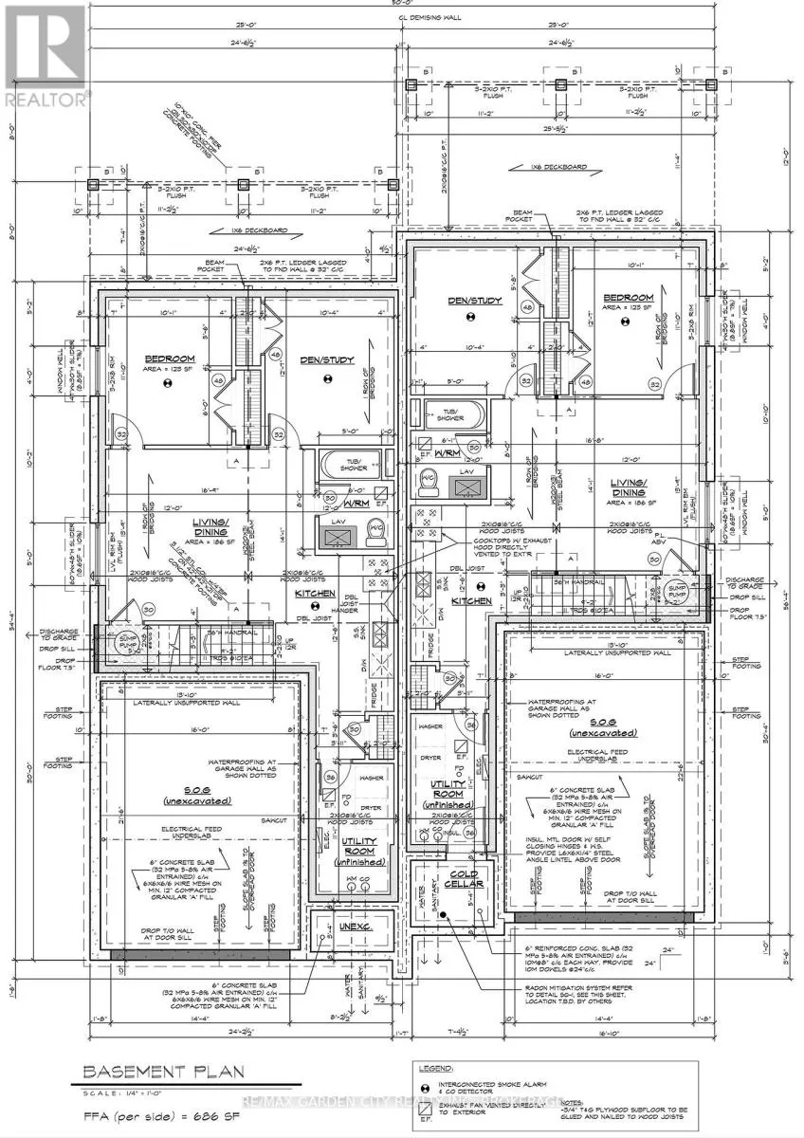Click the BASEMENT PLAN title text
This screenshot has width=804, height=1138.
click(x=163, y=1073)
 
